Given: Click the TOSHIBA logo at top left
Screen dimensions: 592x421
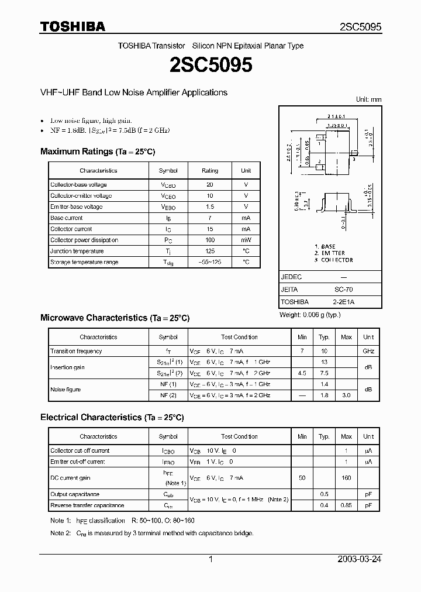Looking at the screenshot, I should (x=73, y=26).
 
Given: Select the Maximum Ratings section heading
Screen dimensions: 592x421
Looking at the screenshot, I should (x=98, y=152).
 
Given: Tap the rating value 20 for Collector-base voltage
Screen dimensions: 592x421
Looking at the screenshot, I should (x=210, y=185).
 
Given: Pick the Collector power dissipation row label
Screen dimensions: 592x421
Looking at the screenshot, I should (x=84, y=240).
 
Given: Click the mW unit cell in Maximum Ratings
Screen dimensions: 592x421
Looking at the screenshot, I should (x=246, y=240).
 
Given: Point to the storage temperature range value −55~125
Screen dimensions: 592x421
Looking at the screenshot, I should (x=210, y=262).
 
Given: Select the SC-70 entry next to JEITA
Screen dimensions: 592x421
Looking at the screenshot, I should (x=343, y=290).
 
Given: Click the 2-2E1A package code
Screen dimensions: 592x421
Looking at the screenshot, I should (x=343, y=302).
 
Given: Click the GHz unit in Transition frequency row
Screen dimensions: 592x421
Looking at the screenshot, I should (x=368, y=351).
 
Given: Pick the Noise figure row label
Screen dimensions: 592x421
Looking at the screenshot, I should (x=65, y=390).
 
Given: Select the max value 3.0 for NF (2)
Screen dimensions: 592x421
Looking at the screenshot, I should (x=346, y=395).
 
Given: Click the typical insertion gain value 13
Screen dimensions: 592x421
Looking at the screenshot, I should (x=324, y=362).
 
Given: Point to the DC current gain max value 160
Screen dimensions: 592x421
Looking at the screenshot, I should (x=346, y=478).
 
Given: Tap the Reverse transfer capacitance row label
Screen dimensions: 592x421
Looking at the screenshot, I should (x=87, y=505).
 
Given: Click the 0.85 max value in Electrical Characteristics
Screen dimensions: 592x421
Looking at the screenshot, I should (x=346, y=505).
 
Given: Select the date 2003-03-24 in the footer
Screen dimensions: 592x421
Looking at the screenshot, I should (x=358, y=559).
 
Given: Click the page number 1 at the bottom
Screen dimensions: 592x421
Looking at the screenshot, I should (x=210, y=559).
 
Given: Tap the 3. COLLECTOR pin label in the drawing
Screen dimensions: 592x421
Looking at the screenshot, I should (x=334, y=260).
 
